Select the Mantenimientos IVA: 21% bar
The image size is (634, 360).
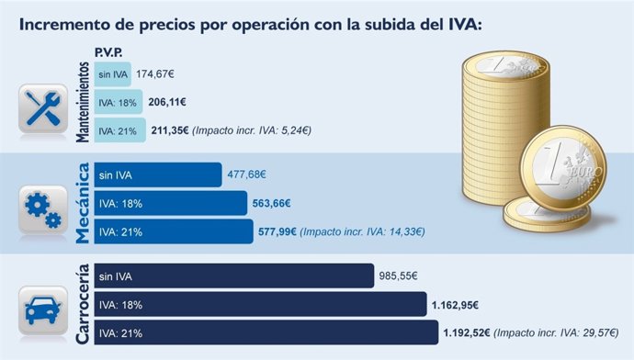click(119, 131)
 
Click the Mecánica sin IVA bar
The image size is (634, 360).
click(157, 174)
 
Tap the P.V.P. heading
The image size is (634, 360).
click(109, 53)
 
